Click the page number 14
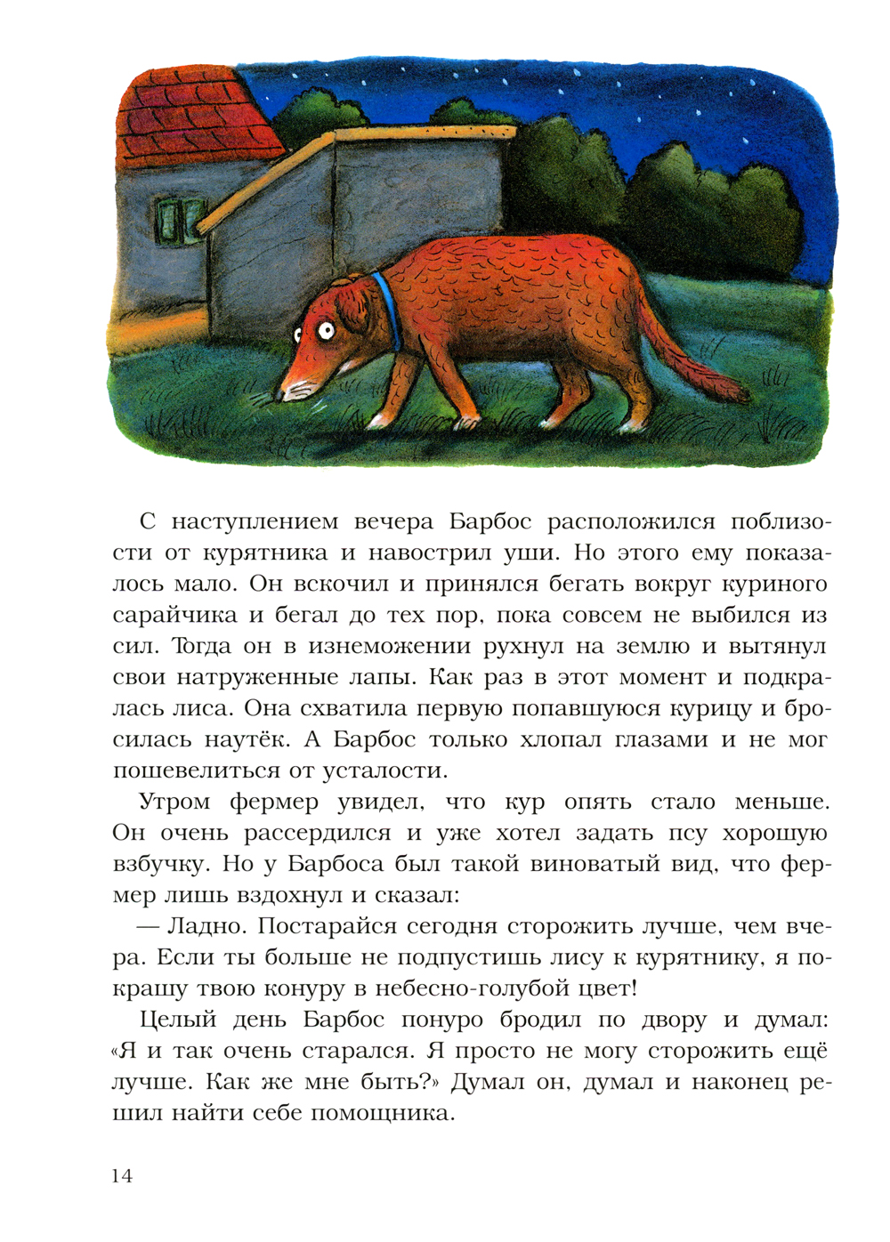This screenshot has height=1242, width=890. pyautogui.click(x=122, y=1176)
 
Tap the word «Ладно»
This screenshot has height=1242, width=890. pyautogui.click(x=206, y=927)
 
